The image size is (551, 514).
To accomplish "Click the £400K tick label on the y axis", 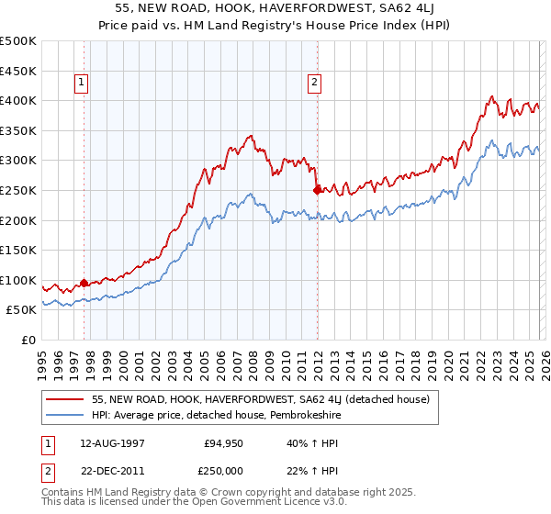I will point(18,100).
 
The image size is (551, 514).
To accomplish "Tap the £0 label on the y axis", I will point(28,341).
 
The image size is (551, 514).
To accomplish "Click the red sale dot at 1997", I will point(84,283).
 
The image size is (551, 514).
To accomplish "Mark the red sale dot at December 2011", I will point(317,190).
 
